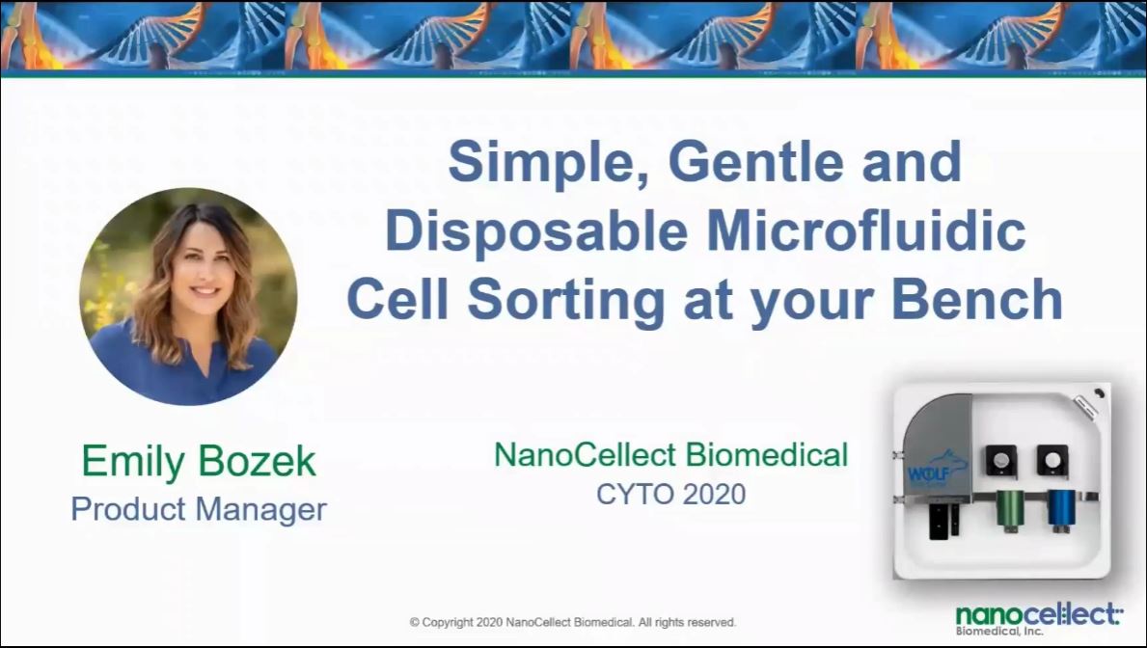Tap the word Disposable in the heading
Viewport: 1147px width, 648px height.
[x=536, y=231]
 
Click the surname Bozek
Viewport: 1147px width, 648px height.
[x=256, y=460]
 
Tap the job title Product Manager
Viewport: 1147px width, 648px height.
[x=198, y=508]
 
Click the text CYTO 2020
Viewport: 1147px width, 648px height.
[x=670, y=495]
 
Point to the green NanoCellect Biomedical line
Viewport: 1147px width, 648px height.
[x=670, y=454]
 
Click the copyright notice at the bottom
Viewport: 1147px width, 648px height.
[x=573, y=622]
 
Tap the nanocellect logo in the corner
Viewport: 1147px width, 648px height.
[x=1038, y=619]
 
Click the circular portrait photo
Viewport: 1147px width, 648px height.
[x=188, y=296]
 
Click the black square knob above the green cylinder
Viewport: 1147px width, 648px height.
[x=1000, y=460]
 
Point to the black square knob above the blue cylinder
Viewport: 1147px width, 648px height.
[x=1052, y=459]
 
